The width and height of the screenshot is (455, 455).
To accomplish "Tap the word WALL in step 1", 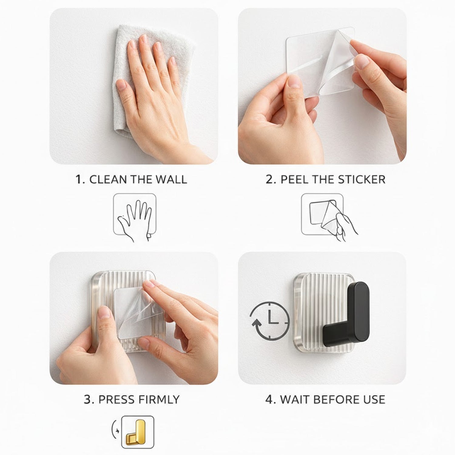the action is pos(171,180).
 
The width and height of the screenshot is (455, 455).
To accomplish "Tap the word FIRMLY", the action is pos(158,399).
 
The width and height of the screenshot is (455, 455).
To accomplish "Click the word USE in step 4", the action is pos(374,399).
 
